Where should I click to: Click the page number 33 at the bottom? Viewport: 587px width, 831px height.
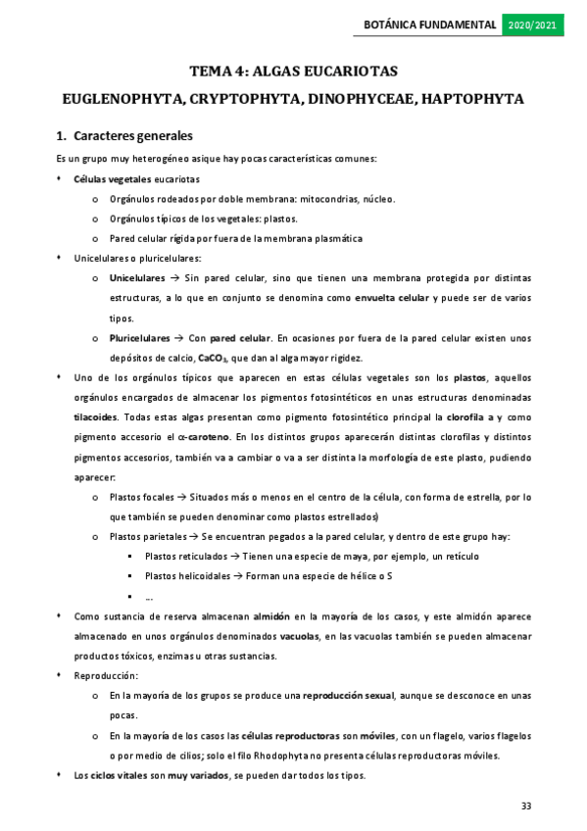coord(526,807)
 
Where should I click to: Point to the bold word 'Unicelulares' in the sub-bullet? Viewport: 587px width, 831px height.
coord(137,278)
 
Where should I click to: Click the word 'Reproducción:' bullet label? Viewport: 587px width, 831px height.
coord(106,676)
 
